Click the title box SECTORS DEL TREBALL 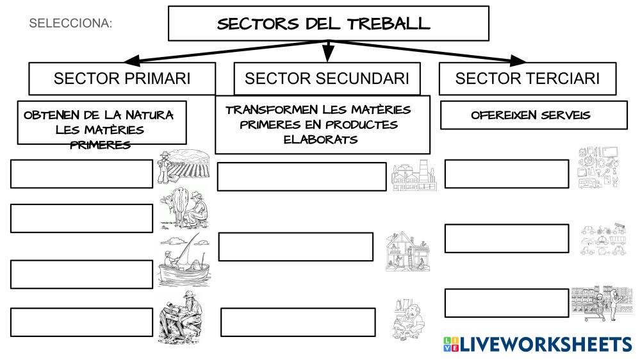[x=328, y=24]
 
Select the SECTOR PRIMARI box [x=122, y=79]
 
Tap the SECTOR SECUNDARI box [x=327, y=79]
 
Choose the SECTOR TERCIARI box [x=527, y=79]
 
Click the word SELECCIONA [x=70, y=24]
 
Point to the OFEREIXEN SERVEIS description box [x=534, y=115]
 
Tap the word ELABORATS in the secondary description [x=321, y=139]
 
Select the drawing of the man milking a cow [x=184, y=209]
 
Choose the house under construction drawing [x=407, y=251]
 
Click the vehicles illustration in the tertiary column [x=602, y=240]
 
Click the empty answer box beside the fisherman [x=81, y=274]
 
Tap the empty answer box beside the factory [x=302, y=177]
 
